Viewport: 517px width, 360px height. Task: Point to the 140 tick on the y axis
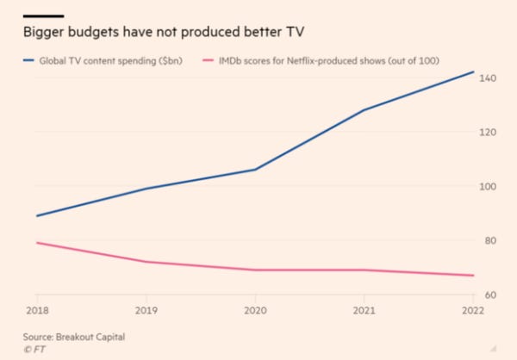click(x=489, y=78)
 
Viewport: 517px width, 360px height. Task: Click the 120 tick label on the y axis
click(x=489, y=133)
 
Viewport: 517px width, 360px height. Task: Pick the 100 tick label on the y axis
click(x=489, y=187)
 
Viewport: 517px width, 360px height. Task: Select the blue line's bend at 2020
click(x=256, y=170)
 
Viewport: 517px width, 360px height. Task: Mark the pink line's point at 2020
click(x=256, y=270)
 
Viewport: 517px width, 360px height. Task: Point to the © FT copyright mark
click(x=35, y=349)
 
